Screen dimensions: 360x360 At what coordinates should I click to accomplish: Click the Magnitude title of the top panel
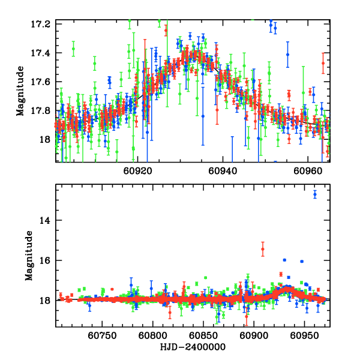click(x=21, y=92)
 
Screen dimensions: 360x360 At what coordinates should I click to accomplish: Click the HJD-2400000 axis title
click(x=193, y=347)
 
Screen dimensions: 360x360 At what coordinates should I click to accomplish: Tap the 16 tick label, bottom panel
click(x=47, y=260)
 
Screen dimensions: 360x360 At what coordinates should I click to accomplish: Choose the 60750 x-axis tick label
click(x=100, y=337)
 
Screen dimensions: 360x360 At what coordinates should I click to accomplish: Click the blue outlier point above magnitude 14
click(x=314, y=194)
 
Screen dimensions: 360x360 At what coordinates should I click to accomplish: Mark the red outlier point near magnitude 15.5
click(x=263, y=249)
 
